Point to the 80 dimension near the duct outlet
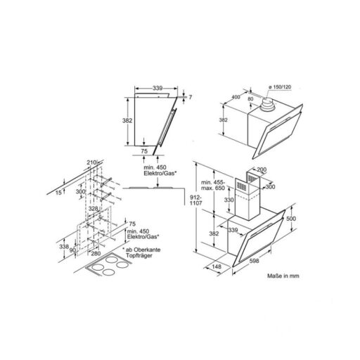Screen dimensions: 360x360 pyautogui.click(x=250, y=98)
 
